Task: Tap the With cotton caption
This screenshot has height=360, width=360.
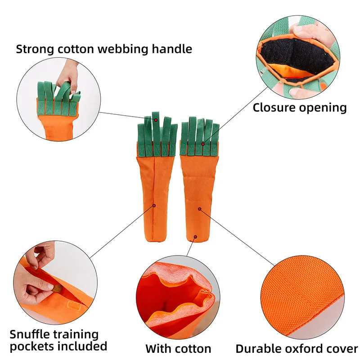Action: [x=178, y=348]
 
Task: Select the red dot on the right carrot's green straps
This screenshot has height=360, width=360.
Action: [x=203, y=144]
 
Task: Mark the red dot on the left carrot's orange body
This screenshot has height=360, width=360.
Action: [x=154, y=205]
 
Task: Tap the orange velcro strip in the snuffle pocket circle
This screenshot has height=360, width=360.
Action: [x=74, y=307]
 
